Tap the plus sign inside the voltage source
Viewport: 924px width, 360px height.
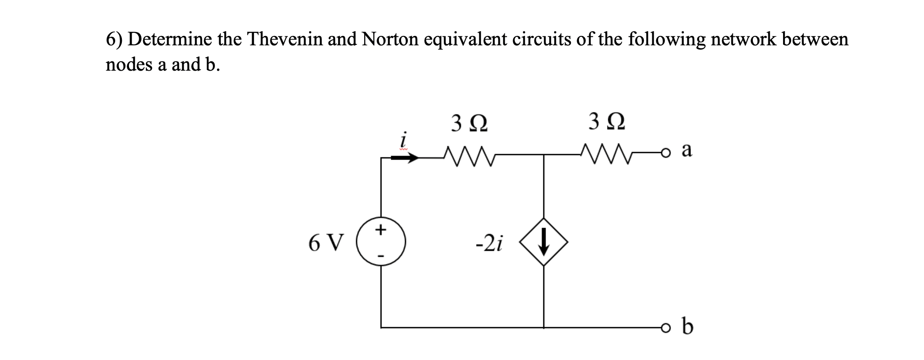point(380,230)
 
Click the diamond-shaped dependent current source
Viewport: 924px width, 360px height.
point(544,242)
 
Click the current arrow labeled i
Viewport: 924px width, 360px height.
point(405,157)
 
